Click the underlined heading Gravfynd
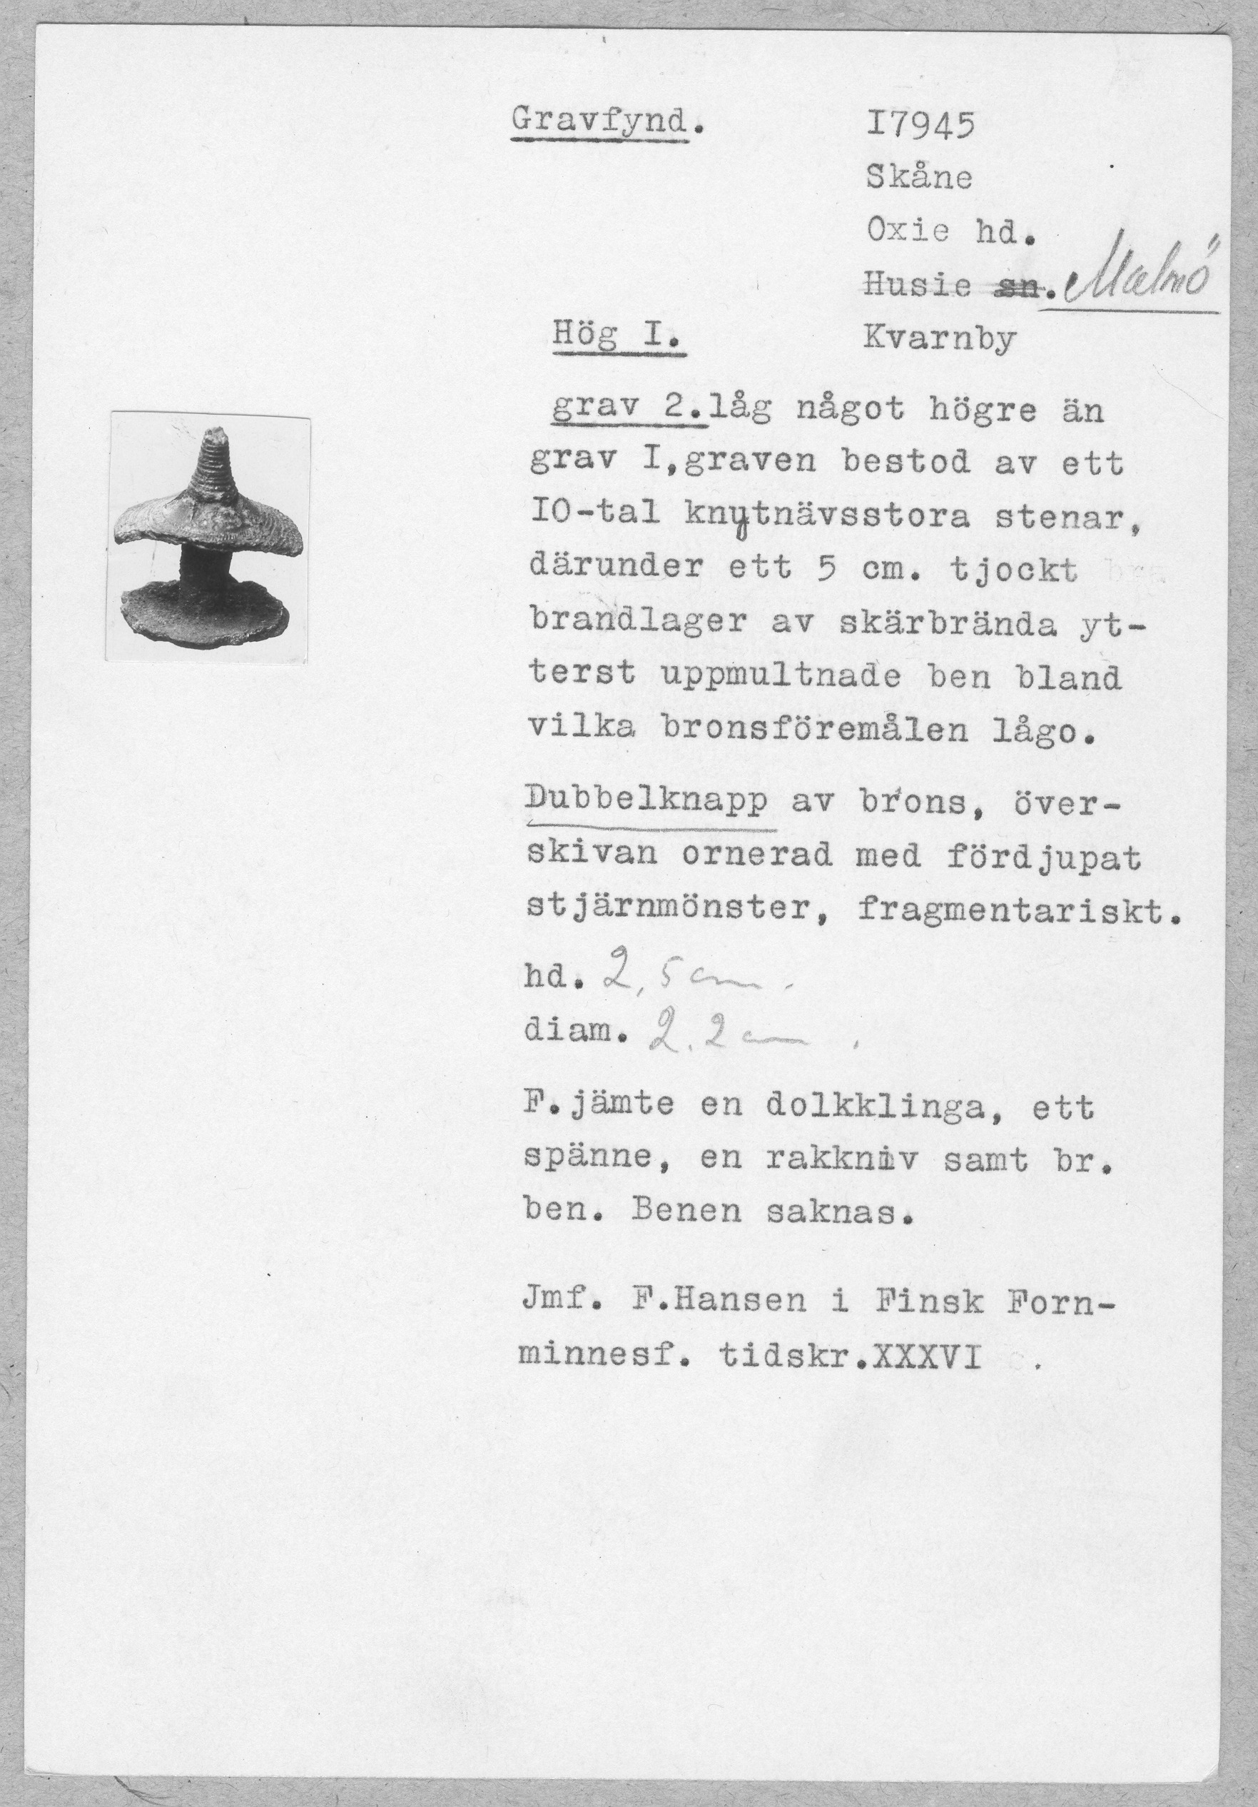coord(604,121)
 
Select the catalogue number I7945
coord(920,125)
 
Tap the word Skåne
coord(919,178)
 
